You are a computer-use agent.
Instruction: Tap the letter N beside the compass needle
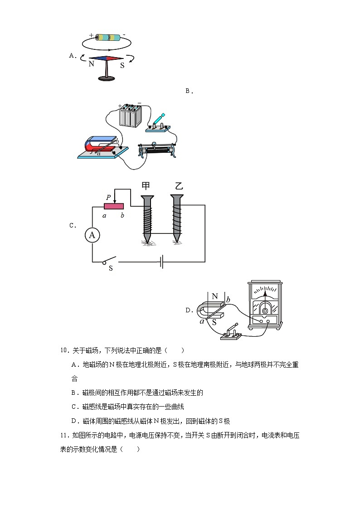pos(91,64)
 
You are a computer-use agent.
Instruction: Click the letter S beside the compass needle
pos(122,65)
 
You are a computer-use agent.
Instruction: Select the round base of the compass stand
pos(107,79)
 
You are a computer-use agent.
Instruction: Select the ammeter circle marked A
pos(92,235)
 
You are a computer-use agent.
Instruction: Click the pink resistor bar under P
pos(114,206)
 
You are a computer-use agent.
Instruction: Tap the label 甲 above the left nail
pos(146,186)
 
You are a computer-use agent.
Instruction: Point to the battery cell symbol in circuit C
pos(161,262)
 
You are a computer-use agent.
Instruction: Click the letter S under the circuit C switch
pos(110,268)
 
